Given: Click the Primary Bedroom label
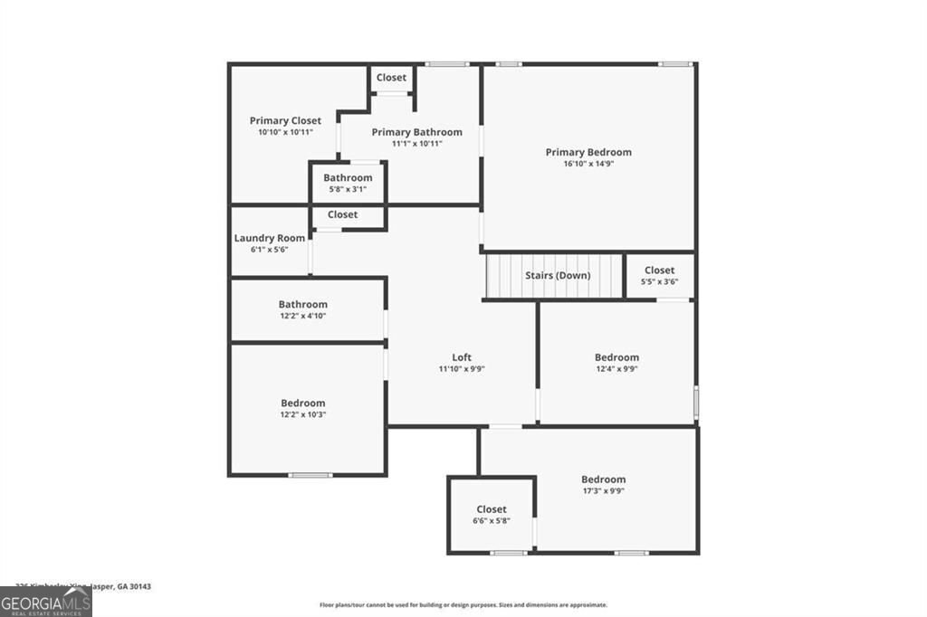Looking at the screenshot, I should click(588, 152).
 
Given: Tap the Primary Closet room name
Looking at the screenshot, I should click(285, 120).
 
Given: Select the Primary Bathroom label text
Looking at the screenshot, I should click(416, 132).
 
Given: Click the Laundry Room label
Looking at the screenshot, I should click(269, 238).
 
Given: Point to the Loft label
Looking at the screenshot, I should click(462, 357).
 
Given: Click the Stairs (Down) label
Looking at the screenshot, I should click(558, 275).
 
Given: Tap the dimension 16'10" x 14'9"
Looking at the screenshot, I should click(588, 164).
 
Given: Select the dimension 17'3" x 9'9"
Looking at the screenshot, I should click(603, 491).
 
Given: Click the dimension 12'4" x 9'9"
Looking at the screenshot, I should click(616, 369).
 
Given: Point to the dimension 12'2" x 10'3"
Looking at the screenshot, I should click(302, 414).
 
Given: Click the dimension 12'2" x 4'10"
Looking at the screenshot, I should click(302, 316).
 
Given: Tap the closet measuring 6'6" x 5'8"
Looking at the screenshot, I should click(492, 515).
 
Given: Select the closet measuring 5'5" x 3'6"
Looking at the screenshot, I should click(659, 275).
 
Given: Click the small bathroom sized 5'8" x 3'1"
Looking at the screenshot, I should click(348, 183).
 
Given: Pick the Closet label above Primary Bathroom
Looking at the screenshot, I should click(391, 78).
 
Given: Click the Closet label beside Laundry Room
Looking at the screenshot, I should click(342, 214).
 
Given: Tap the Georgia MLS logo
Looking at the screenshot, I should click(46, 602).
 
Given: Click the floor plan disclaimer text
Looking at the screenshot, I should click(463, 605).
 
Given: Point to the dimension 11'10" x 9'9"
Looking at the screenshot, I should click(462, 369).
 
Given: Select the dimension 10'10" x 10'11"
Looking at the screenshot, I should click(285, 132).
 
